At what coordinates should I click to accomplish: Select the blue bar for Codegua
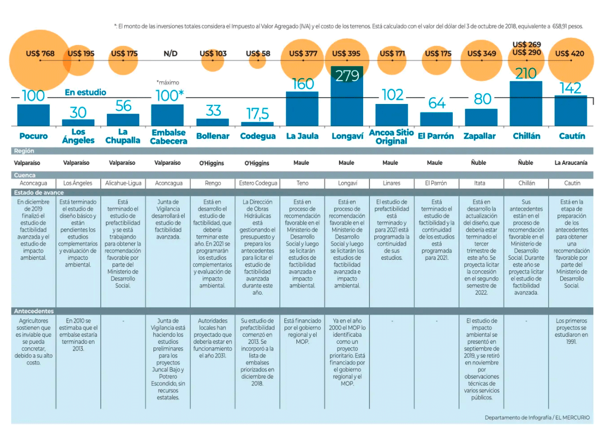pos(257,124)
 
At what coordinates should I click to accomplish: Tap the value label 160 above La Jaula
pos(303,84)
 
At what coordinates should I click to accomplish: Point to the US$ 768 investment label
pos(40,54)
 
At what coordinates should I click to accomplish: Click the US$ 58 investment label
pos(258,54)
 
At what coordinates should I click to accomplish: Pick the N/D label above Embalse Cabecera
pos(170,54)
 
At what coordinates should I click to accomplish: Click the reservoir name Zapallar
pos(479,136)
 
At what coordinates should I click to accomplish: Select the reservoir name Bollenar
pos(213,136)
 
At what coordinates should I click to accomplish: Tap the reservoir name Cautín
pos(572,136)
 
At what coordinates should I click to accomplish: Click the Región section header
pos(24,151)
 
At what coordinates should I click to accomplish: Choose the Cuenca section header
pos(24,175)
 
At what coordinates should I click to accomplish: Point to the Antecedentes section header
pos(34,311)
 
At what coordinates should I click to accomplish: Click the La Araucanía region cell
pos(571,163)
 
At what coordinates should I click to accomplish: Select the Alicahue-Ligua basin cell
pos(122,183)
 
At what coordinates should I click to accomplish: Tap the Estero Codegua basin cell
pos(258,183)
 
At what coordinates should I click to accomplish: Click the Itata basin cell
pos(479,183)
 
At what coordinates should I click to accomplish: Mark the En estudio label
pos(85,92)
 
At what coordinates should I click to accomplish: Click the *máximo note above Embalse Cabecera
pos(168,83)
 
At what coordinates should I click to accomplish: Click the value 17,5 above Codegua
pos(258,114)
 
